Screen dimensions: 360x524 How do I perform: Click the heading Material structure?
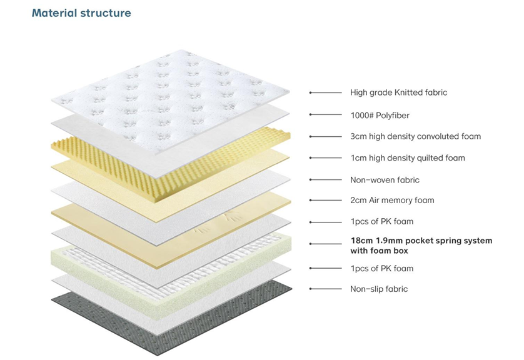[81, 12]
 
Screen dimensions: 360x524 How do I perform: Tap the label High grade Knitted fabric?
[398, 92]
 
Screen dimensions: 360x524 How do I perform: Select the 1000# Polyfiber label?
[380, 115]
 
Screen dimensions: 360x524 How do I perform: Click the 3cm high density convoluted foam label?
[415, 136]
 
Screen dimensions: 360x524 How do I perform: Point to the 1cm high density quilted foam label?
[407, 158]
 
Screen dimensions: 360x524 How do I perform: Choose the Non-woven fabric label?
[385, 180]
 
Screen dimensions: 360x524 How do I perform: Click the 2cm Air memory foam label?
[392, 200]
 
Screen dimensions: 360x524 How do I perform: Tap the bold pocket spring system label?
[421, 245]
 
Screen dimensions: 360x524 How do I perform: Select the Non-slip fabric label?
[379, 289]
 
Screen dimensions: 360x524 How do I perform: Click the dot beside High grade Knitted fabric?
[311, 92]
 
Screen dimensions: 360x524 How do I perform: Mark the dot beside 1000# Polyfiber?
[311, 115]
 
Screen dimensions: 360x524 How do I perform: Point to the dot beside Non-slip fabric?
[311, 289]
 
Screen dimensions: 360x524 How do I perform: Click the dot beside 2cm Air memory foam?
[311, 200]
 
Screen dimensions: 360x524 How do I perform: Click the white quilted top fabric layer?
[169, 87]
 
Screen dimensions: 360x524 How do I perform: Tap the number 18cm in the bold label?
[361, 241]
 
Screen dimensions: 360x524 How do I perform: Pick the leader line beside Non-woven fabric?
[325, 180]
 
